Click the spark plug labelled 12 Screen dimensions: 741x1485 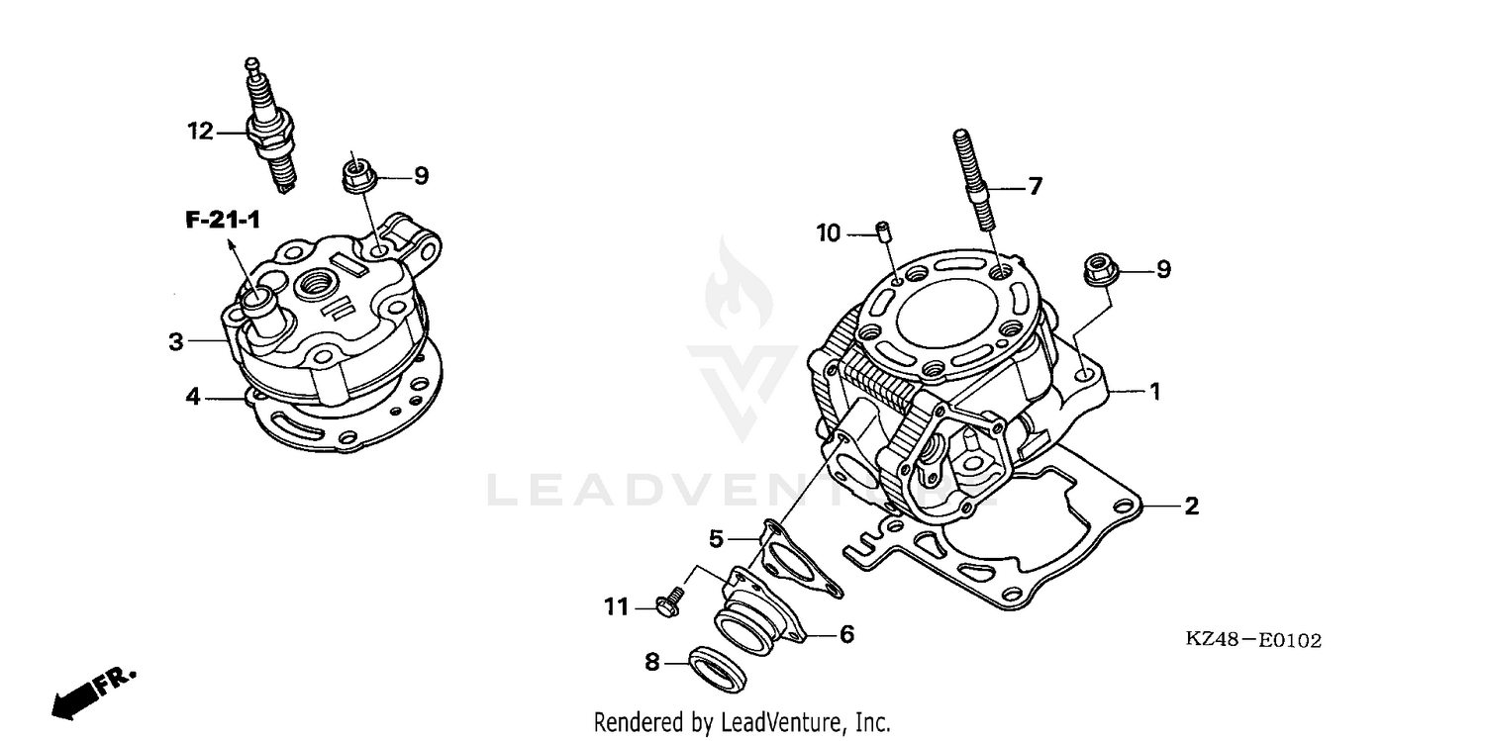click(271, 130)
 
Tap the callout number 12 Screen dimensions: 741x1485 click(200, 131)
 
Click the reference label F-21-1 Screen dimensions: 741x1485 click(223, 220)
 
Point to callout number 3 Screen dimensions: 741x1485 click(176, 342)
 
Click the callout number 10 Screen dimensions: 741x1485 click(828, 233)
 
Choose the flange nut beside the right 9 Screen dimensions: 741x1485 click(1098, 268)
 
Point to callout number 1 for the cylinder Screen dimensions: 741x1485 click(1153, 392)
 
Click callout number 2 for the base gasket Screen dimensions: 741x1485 click(1191, 507)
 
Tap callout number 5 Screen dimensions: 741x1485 click(716, 539)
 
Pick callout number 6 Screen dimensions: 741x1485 click(846, 634)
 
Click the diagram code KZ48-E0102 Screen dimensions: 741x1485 click(1253, 641)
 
